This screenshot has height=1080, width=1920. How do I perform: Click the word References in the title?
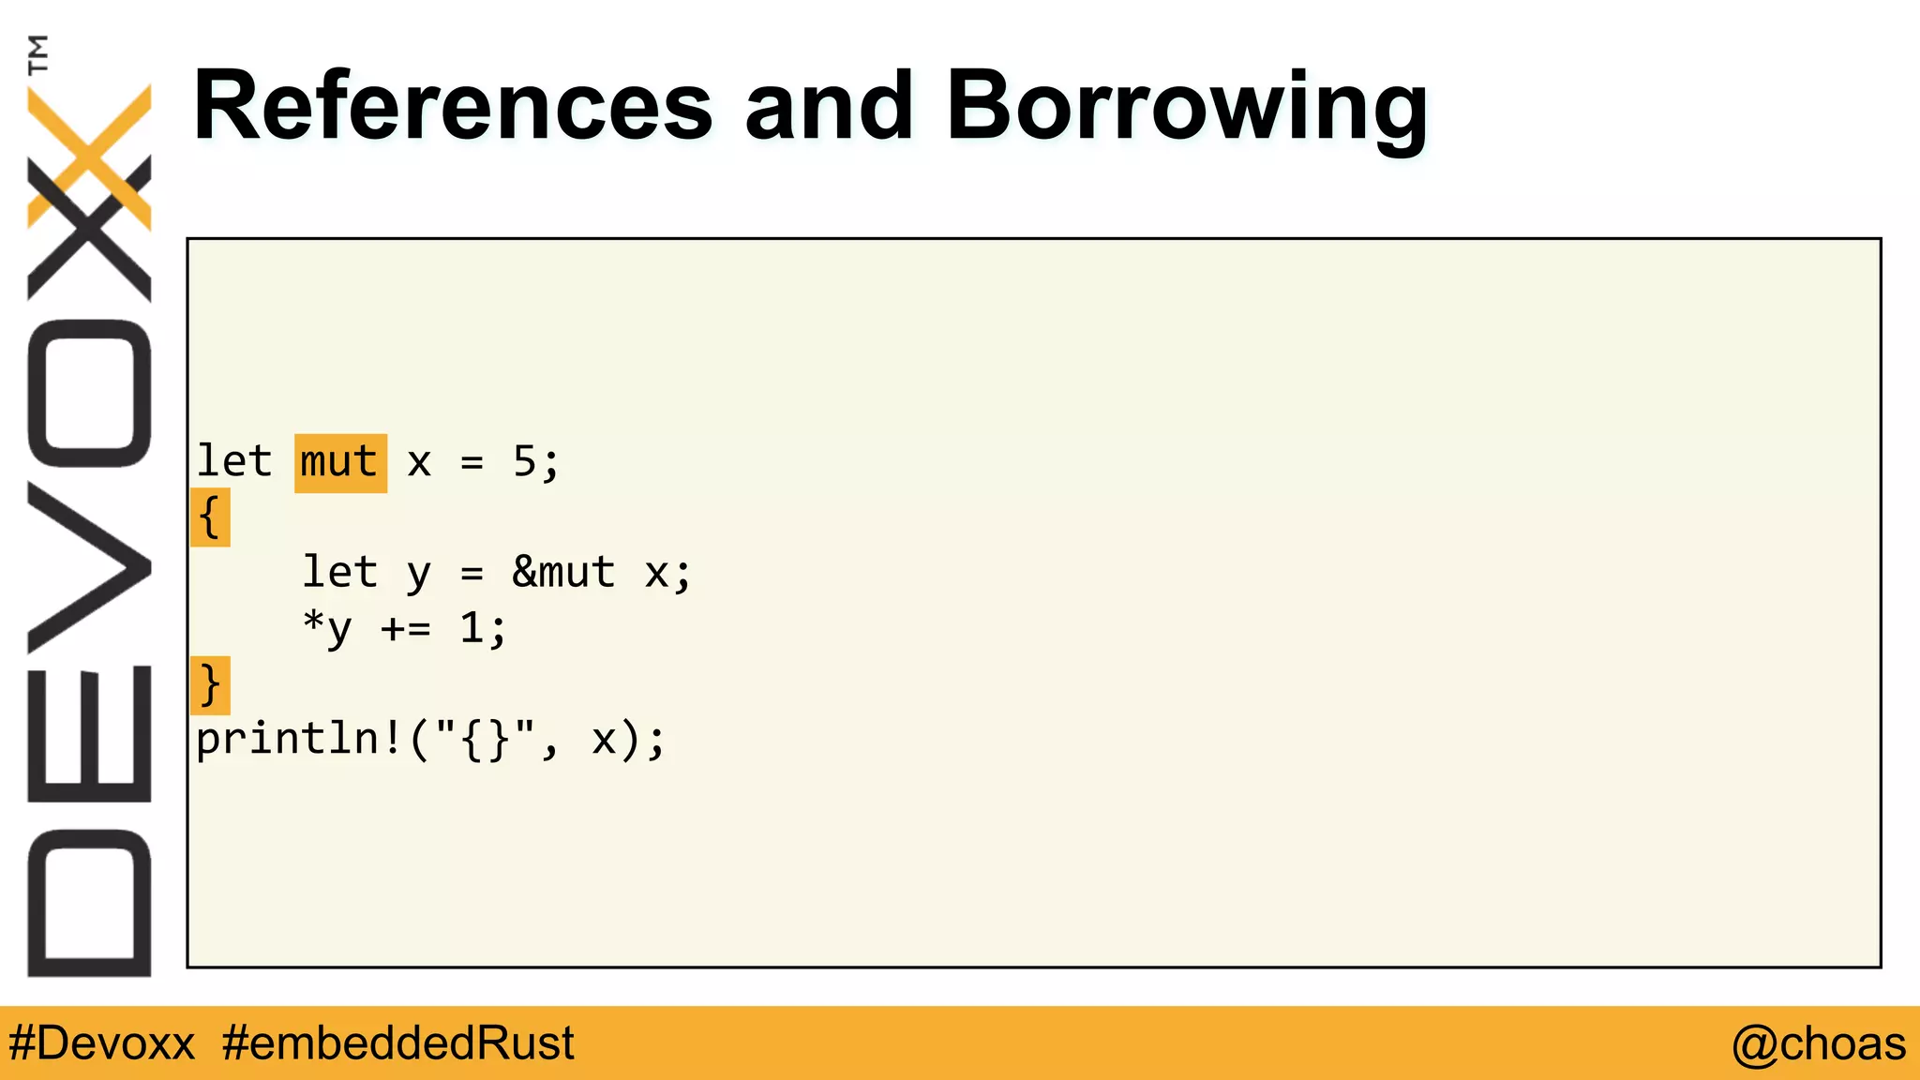click(453, 107)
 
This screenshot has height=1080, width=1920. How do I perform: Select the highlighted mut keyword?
click(340, 463)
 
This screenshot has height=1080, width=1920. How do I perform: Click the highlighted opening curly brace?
click(210, 517)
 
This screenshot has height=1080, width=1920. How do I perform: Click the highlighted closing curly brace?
click(210, 684)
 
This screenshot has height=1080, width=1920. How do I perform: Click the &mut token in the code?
click(563, 572)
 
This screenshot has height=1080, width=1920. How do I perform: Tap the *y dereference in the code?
click(327, 628)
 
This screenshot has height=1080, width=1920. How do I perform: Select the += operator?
click(406, 628)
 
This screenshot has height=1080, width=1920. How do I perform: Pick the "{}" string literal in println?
click(485, 740)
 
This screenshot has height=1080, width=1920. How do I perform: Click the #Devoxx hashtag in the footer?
click(102, 1043)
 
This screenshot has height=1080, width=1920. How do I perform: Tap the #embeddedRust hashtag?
click(398, 1043)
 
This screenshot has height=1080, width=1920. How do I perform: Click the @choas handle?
click(1818, 1043)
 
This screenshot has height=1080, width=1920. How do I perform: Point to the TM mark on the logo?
click(37, 54)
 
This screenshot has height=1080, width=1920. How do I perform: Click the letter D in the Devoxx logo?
click(89, 903)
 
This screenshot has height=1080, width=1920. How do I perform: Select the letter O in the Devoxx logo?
click(89, 393)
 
